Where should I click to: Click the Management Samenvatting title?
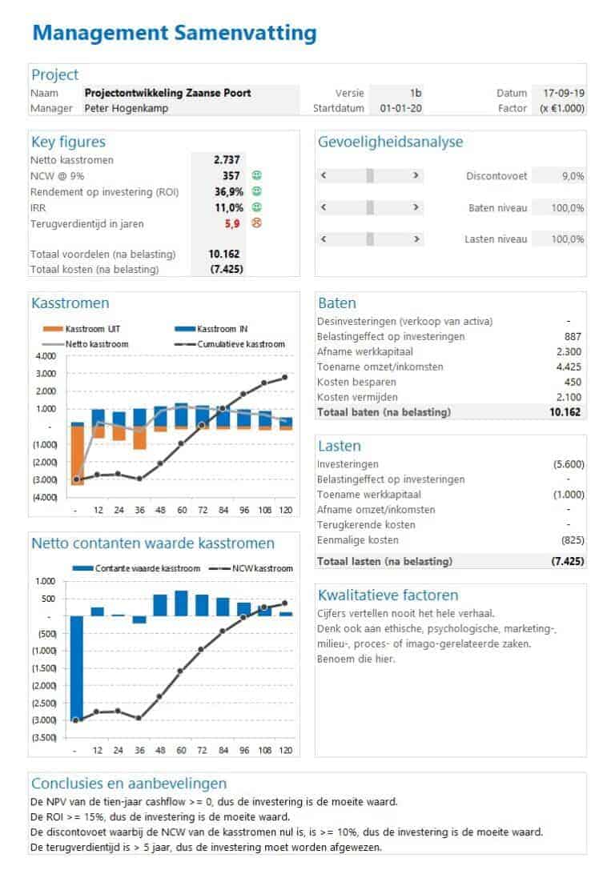tap(175, 33)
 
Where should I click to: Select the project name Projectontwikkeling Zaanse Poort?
tap(167, 93)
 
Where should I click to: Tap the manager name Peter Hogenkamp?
tap(127, 108)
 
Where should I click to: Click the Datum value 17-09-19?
tap(564, 93)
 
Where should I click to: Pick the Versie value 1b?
tap(415, 93)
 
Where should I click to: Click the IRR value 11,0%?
tap(228, 207)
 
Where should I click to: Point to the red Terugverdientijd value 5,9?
tap(233, 223)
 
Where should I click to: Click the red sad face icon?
tap(257, 223)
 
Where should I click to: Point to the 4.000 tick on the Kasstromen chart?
tap(46, 356)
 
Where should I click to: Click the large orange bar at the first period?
tap(78, 455)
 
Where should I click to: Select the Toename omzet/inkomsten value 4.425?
tap(569, 367)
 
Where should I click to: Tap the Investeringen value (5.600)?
tap(568, 464)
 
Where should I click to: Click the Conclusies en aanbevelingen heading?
tap(129, 784)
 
